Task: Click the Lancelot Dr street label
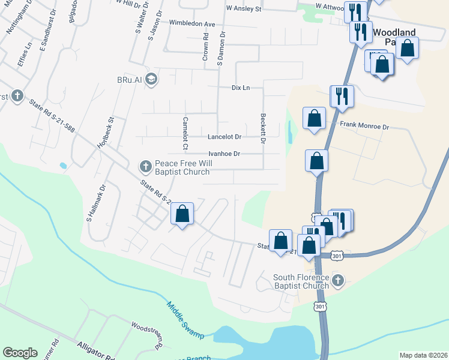224,137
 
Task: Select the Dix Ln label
240,88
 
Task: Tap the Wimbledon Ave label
191,23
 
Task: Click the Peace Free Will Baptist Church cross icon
145,165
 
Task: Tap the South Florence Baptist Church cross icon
338,280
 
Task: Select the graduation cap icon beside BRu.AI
151,79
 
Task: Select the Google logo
20,352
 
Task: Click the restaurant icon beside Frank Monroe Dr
342,96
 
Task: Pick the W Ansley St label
244,9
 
